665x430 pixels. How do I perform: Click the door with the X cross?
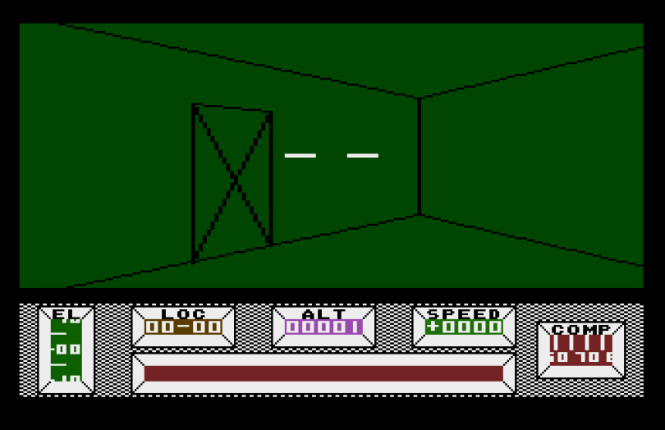[232, 183]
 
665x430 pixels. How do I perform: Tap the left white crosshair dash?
[300, 155]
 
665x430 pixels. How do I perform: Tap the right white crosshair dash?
[362, 155]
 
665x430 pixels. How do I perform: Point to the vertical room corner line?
[419, 156]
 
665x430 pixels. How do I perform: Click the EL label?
[66, 313]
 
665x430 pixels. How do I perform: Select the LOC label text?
[183, 313]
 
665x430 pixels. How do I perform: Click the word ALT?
[323, 313]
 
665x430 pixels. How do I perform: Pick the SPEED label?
[464, 313]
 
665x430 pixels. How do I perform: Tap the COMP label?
[581, 329]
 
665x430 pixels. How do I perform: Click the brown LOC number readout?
[183, 327]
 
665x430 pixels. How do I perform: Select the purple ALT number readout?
[323, 327]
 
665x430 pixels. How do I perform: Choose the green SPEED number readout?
[464, 327]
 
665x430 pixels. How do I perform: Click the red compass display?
[581, 350]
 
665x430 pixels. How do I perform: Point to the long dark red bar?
[323, 373]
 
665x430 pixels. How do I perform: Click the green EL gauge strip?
[66, 350]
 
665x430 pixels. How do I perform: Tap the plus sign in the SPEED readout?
[433, 327]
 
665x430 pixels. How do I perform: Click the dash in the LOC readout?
[184, 327]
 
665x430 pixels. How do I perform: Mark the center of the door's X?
[235, 179]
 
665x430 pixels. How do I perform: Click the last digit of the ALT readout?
[355, 327]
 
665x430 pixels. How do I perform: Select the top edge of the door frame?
[232, 107]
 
